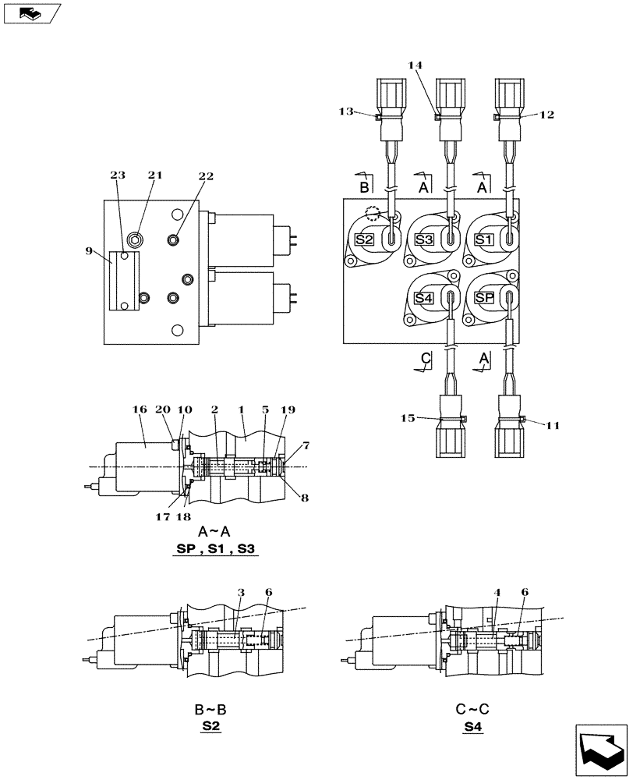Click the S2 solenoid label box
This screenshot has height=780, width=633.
(x=364, y=239)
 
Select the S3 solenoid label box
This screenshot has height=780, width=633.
(x=424, y=239)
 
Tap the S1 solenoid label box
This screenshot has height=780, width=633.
(x=484, y=239)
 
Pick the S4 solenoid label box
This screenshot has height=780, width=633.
(x=424, y=298)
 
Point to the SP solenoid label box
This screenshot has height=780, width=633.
(x=484, y=298)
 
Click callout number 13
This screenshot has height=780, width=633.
(x=347, y=112)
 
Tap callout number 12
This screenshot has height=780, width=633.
(x=546, y=115)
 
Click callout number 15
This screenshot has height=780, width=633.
(x=408, y=419)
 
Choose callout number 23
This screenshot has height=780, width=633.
(x=118, y=176)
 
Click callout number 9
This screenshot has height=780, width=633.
(x=90, y=252)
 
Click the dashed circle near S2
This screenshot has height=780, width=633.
(x=373, y=211)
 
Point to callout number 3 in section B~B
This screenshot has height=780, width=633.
(x=242, y=594)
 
